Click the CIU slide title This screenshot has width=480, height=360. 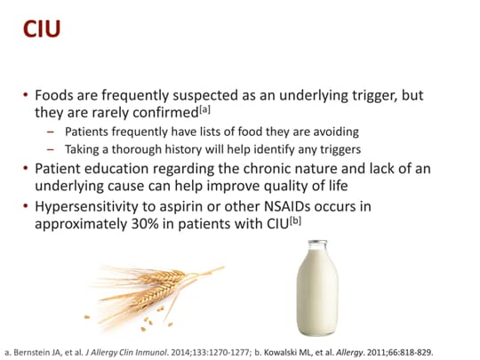tap(42, 29)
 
